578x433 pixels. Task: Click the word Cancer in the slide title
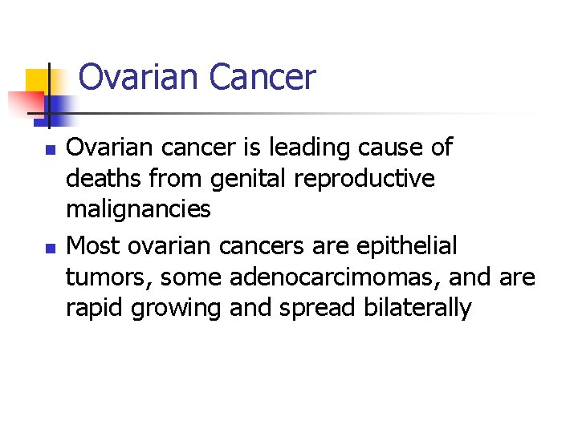click(263, 78)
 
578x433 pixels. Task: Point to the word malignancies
click(138, 209)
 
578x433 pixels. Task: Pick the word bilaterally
click(416, 309)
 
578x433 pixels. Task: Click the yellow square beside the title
click(39, 83)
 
